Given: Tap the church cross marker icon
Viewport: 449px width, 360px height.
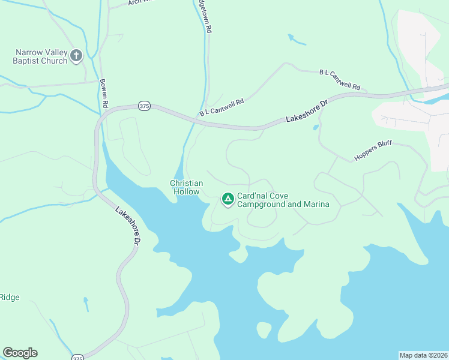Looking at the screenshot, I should coord(76,56).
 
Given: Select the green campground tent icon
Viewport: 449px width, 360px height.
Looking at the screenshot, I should coord(228,199).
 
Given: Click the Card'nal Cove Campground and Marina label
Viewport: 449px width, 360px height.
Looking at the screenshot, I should coord(283,200).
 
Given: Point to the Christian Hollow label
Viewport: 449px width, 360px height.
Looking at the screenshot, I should coord(186,187).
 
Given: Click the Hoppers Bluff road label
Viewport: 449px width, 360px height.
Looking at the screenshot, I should coord(373,152).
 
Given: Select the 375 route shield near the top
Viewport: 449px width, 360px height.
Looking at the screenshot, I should coord(144,106).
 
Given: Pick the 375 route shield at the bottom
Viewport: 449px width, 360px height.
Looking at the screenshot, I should coord(77,358).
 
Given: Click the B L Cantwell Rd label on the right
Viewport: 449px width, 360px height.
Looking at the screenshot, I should coord(340,80).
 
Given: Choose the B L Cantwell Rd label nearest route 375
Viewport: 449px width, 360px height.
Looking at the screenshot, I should coord(222,109).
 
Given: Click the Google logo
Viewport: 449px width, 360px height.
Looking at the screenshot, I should coord(20,353).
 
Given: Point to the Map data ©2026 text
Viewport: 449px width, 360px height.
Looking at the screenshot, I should coord(423,355).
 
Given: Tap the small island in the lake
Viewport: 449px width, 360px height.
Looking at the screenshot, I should coord(264,329).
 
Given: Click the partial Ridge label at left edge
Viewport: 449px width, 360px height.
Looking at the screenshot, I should coord(10,297).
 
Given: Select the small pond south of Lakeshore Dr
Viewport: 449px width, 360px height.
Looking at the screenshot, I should coord(315,127).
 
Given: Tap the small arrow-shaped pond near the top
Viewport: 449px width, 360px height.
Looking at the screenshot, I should coord(297,40).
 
